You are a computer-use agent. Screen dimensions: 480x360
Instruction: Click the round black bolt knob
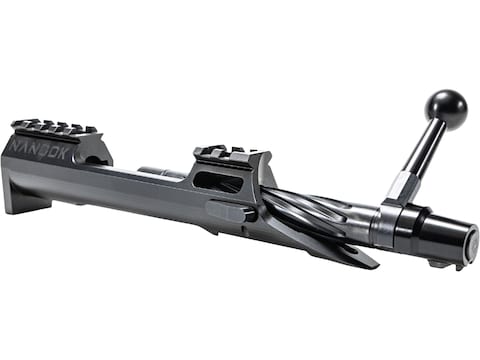(x=446, y=108)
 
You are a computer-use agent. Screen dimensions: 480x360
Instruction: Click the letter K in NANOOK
(x=64, y=154)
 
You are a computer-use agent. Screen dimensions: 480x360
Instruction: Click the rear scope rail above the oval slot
(x=232, y=153)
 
